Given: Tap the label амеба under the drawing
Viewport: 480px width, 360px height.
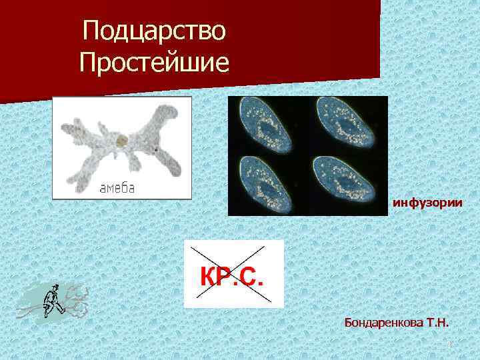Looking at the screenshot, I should point(117,187).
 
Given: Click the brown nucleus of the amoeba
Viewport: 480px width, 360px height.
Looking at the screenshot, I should point(121,141).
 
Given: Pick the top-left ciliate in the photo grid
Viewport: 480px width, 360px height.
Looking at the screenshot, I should point(268,125).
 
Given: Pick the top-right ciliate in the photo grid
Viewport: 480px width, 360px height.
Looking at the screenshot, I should point(347,125).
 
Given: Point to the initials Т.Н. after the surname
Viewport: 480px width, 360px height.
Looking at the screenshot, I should point(437,323).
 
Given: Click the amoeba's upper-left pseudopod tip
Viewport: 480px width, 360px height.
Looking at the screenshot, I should point(65,124).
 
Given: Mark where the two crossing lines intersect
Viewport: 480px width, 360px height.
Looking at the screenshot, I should point(233,274).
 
